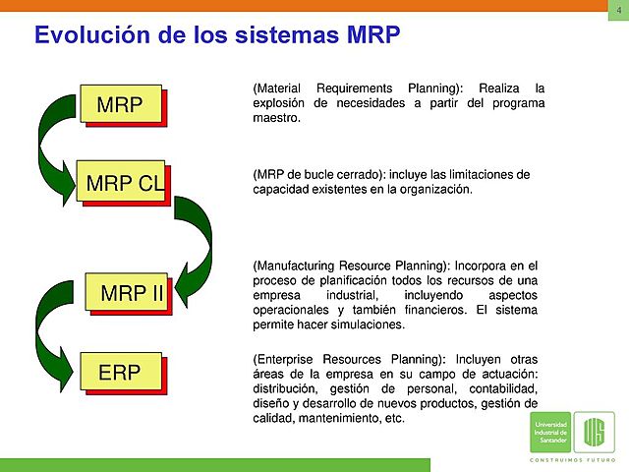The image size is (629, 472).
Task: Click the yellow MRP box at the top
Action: [121, 104]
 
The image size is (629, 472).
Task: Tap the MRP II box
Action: [131, 293]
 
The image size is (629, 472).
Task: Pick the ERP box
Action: [120, 372]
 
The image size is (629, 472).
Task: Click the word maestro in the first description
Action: [276, 118]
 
